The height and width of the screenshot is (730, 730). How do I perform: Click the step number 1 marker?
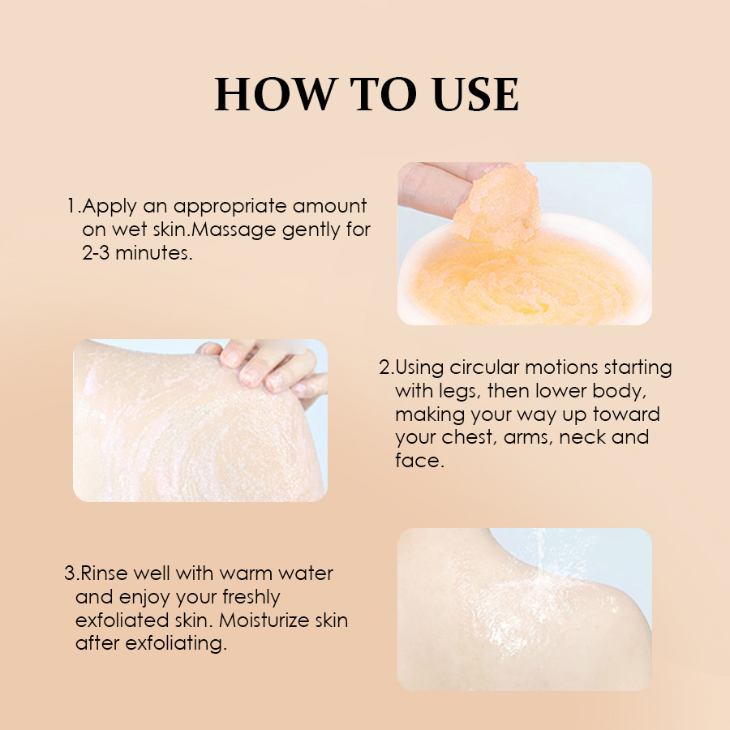71,207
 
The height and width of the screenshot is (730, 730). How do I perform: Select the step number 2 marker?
384,367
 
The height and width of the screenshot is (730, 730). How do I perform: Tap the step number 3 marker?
69,574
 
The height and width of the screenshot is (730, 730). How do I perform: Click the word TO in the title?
372,95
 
